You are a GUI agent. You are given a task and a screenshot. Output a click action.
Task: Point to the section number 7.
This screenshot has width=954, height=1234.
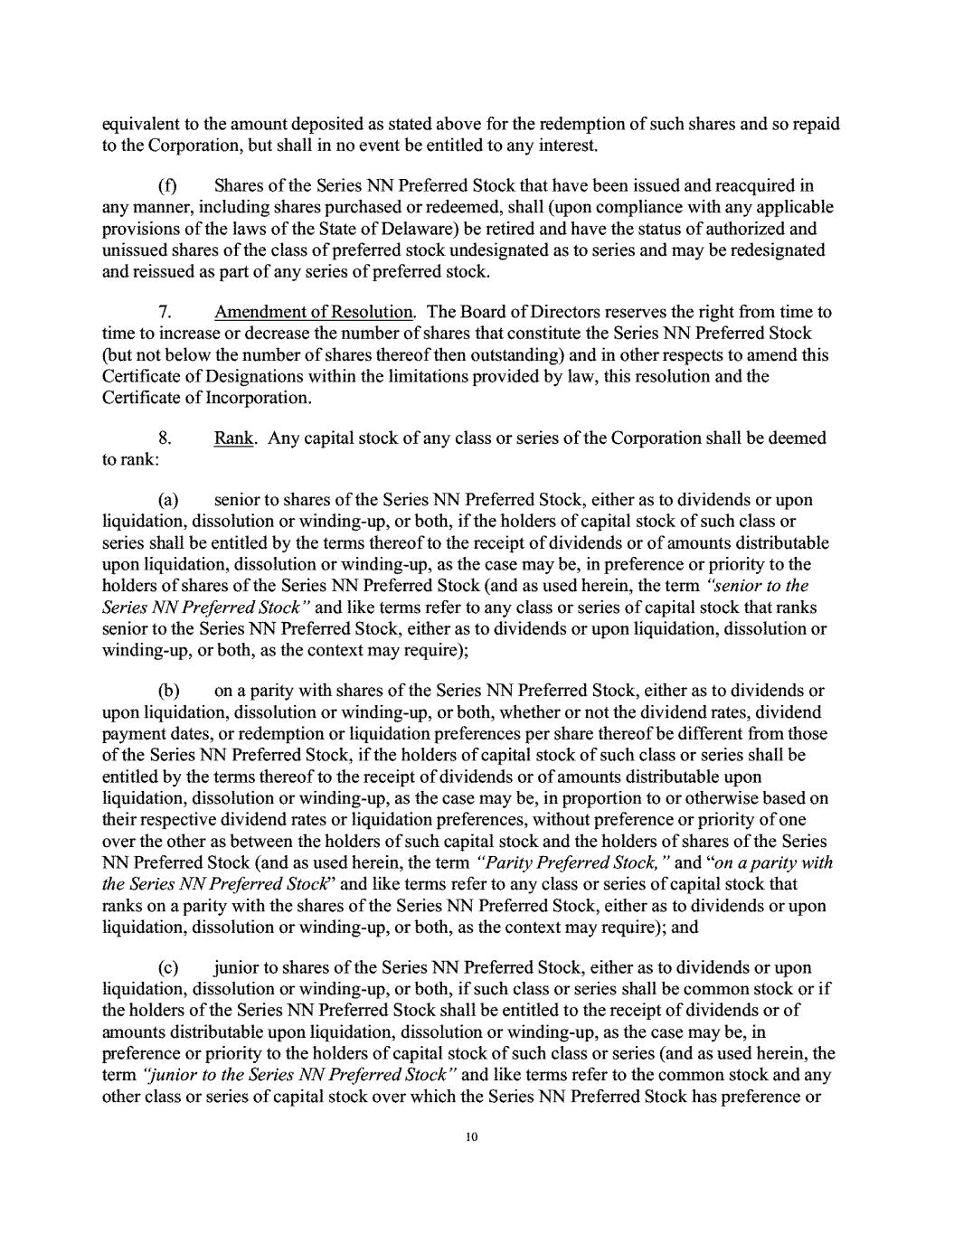[x=165, y=312]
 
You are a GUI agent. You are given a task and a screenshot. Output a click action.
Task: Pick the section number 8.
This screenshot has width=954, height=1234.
[x=165, y=438]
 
